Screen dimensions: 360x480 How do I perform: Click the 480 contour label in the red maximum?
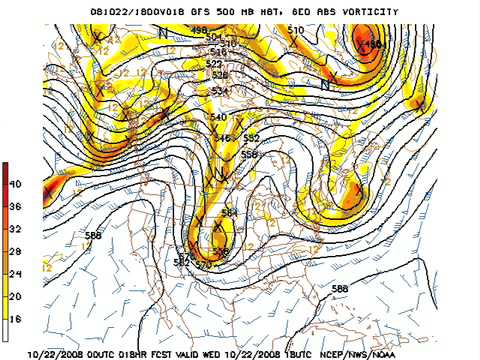click(x=371, y=45)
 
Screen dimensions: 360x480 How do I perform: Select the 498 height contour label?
click(x=198, y=31)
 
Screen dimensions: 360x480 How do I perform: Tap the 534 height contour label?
click(x=219, y=91)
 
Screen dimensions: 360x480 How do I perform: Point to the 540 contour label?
click(x=219, y=118)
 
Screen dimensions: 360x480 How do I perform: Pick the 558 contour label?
click(x=249, y=155)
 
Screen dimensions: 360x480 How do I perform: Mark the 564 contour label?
click(x=229, y=212)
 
